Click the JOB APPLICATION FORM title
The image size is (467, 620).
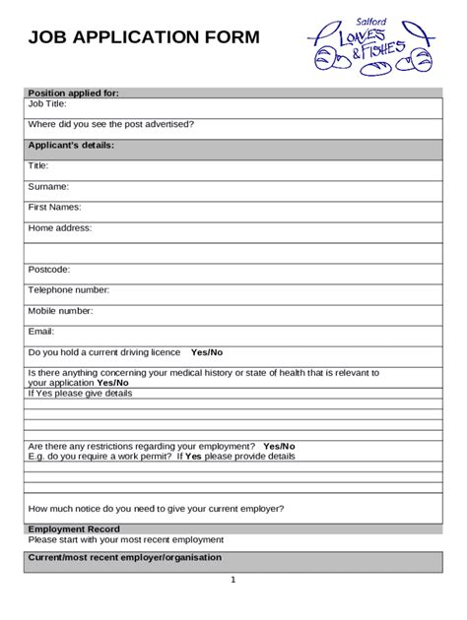144,38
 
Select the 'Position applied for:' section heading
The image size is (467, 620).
73,93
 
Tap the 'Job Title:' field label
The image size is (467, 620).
49,103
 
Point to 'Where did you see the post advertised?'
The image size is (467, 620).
110,124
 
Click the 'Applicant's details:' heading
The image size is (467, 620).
71,146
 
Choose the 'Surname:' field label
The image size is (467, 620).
48,186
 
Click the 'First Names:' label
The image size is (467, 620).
54,207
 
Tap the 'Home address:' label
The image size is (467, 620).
59,227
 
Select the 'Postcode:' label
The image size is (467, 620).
49,269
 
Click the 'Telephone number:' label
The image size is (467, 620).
68,289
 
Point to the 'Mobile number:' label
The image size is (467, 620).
60,310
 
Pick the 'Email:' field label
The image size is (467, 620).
41,332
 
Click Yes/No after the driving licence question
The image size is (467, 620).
207,351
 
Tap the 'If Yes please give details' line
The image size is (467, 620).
79,393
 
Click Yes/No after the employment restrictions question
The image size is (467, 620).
279,446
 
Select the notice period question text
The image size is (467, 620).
156,509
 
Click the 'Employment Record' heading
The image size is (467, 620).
73,529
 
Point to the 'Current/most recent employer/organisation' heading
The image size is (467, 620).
124,557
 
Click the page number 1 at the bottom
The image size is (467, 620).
233,581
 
